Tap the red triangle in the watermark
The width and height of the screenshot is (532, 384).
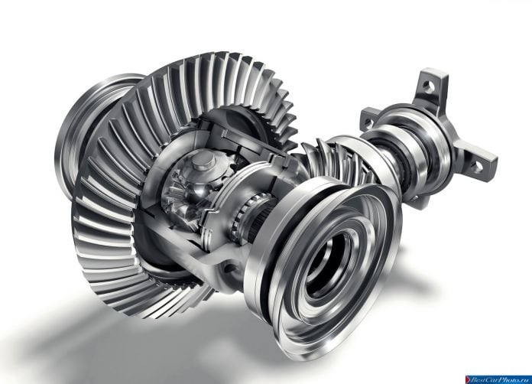click(469, 379)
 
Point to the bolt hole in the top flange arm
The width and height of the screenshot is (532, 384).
click(429, 85)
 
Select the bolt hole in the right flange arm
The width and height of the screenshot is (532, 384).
click(477, 166)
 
